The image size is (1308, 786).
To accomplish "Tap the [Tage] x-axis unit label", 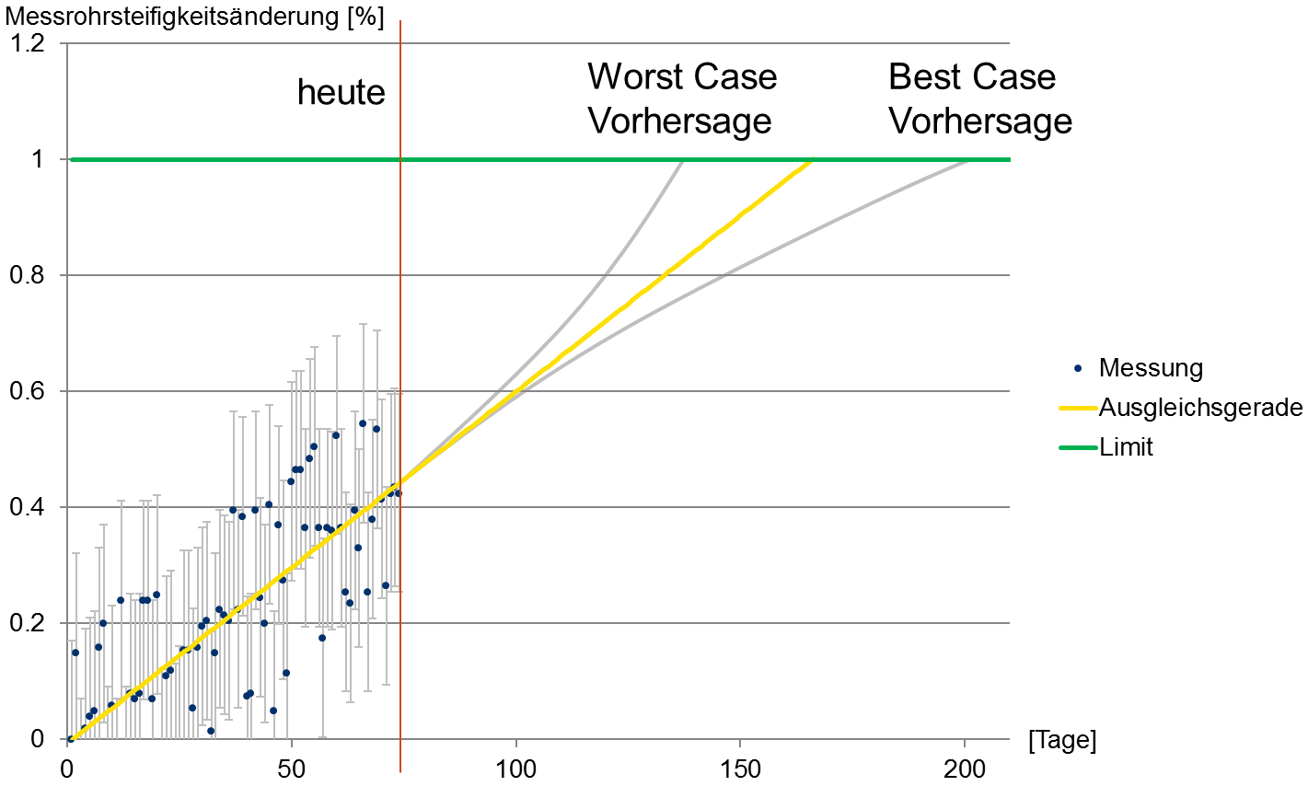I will pos(1062,740).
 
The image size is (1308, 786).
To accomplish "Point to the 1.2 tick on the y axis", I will pos(25,43).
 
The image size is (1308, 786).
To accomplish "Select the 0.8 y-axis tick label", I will pos(25,275).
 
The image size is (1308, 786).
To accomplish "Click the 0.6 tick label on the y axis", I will pos(25,391).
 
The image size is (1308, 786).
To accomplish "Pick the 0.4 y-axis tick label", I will pos(25,507).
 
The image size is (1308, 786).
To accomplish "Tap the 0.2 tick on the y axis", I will pos(25,623).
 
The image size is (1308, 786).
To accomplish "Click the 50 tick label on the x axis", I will pos(292,769).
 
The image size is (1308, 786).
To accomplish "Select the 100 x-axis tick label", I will pos(515,769).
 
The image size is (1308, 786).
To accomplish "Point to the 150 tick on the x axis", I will pos(741,769).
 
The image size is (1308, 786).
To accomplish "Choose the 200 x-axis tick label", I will pos(965,769).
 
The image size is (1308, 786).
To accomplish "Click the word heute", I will pos(341,92).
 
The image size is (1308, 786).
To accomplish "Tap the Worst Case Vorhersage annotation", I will pos(682,98).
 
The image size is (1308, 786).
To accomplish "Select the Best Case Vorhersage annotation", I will pos(979,98).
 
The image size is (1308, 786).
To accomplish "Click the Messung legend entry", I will pos(1151,368).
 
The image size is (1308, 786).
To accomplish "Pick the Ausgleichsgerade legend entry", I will pos(1200,408).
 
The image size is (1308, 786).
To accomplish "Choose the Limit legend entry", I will pos(1126,447).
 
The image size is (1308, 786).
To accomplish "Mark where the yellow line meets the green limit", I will pos(814,160).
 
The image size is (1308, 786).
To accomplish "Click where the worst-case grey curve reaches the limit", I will pos(683,160).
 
